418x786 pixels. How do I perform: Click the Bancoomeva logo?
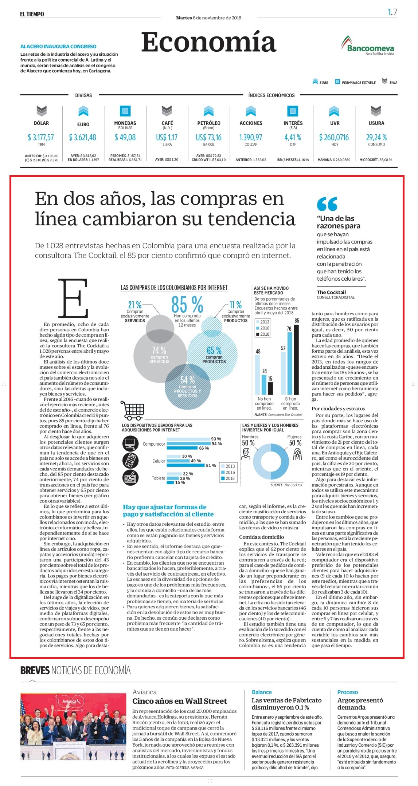367,46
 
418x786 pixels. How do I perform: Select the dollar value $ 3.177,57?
41,137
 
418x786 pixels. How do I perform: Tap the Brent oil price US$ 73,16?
208,137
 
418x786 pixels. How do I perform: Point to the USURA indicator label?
376,123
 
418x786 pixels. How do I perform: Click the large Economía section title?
208,42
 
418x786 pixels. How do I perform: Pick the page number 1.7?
392,12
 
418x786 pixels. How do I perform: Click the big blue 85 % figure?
187,304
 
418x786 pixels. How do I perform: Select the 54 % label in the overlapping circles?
187,380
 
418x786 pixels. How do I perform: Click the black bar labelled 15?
270,388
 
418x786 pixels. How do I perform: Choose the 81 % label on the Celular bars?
211,465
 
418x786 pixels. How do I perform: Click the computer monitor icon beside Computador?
130,443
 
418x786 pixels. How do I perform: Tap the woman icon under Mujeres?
297,454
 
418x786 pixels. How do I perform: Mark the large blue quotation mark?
327,204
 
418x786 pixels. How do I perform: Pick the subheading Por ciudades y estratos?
338,408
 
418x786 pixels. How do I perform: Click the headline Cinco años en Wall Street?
180,701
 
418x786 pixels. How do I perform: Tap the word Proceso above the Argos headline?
348,692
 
